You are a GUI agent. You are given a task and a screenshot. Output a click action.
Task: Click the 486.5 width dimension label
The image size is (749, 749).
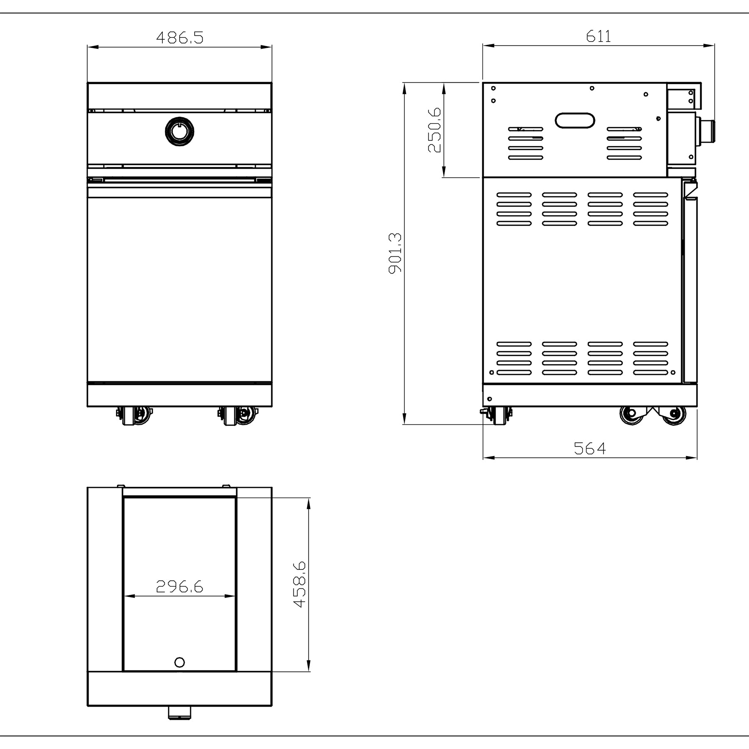[180, 37]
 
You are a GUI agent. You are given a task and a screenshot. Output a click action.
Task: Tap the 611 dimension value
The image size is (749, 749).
[599, 36]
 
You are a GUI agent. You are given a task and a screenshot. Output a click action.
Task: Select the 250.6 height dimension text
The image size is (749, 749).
[435, 130]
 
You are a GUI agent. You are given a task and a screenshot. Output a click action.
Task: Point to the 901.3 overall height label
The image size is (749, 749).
[395, 253]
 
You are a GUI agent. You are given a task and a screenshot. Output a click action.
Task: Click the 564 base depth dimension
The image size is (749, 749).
[590, 448]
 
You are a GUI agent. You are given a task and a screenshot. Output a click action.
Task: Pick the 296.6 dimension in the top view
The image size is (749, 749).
[180, 586]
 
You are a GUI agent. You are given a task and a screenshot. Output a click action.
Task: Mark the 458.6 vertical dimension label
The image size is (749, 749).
[300, 584]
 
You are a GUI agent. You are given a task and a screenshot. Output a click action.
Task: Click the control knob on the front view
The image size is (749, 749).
[179, 131]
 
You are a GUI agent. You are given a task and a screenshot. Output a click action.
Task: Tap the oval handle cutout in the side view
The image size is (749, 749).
[575, 121]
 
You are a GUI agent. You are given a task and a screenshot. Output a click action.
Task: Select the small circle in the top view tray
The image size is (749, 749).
[179, 662]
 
